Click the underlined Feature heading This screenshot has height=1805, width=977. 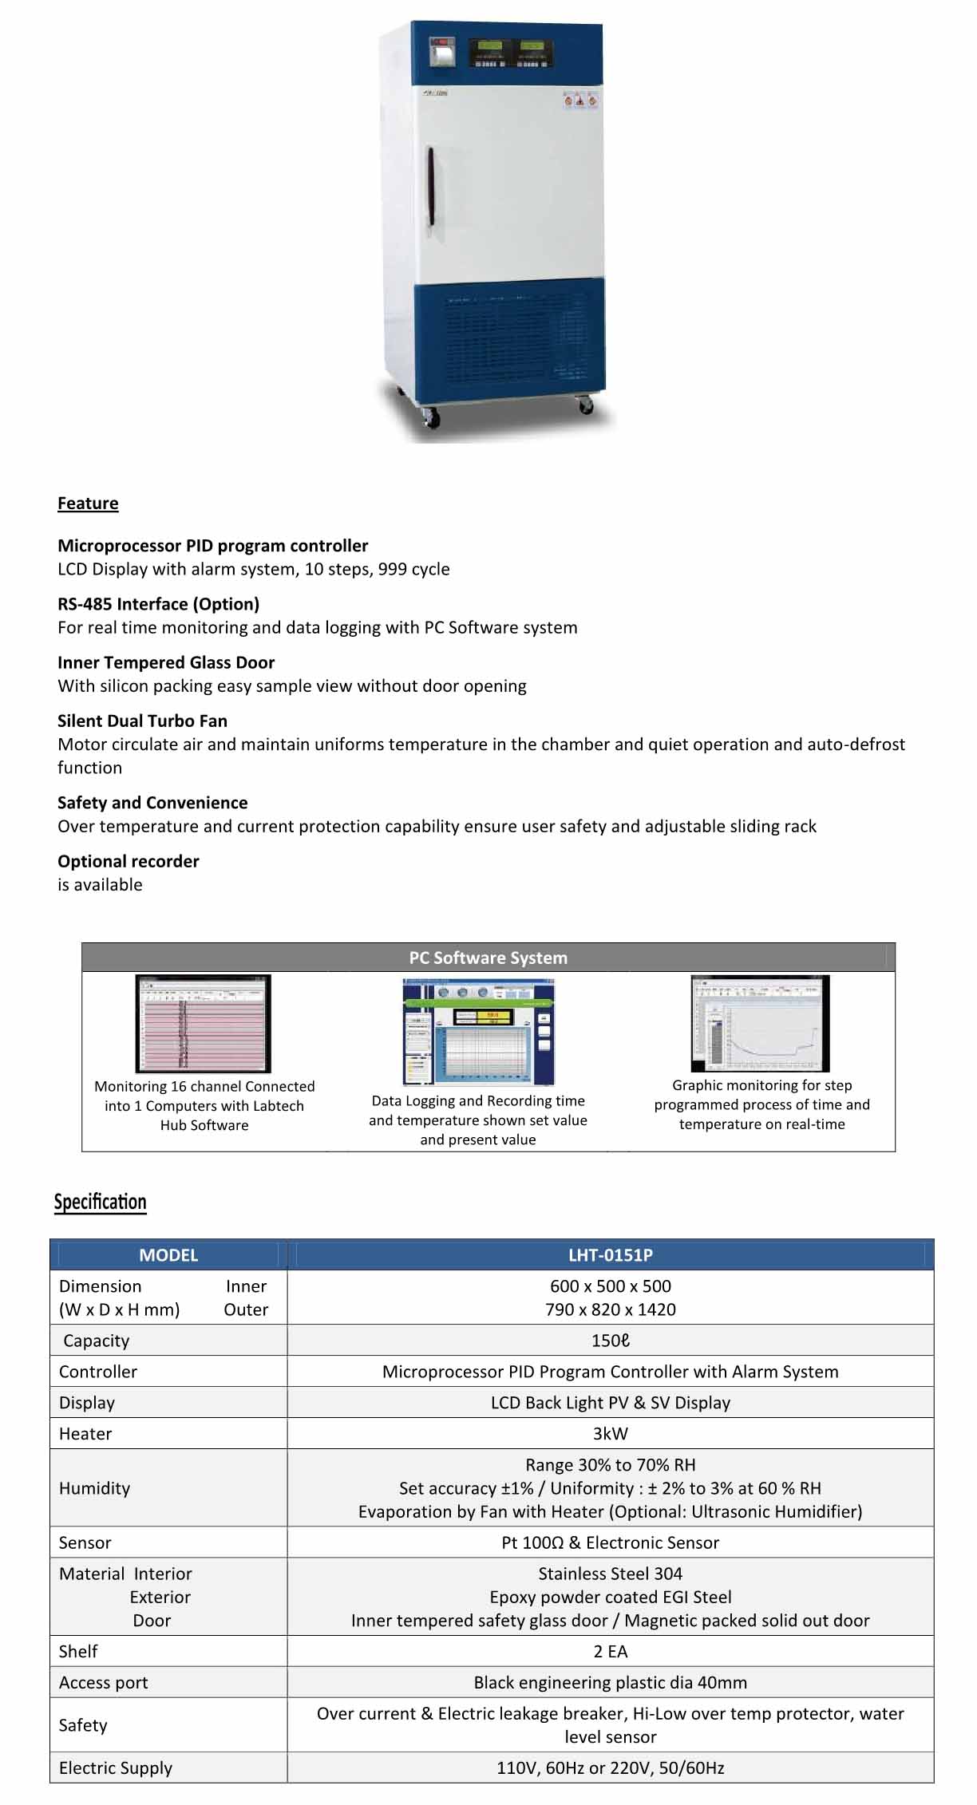coord(88,503)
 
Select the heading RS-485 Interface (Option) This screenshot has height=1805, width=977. coord(158,604)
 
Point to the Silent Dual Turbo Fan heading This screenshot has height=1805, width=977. coord(142,721)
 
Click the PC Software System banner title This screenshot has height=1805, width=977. coord(488,958)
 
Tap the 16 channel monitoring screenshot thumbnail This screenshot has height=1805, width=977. coord(204,1024)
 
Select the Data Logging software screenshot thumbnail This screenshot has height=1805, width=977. coord(478,1031)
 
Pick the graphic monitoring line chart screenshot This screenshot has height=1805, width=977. coord(761,1023)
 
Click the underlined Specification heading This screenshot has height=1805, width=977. coord(100,1202)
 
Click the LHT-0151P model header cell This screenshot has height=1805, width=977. coord(610,1254)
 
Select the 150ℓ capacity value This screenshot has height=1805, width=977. coord(610,1341)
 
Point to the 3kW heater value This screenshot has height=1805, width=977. coord(610,1434)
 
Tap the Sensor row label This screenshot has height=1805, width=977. coord(85,1542)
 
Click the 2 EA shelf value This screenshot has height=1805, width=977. coord(610,1651)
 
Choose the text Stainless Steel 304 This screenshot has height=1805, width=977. coord(610,1574)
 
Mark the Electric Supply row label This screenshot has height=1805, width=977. coord(116,1767)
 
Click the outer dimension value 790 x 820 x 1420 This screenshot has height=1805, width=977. coord(610,1309)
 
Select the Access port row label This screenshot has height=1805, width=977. coord(104,1682)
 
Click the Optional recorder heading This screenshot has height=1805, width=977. coord(129,861)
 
